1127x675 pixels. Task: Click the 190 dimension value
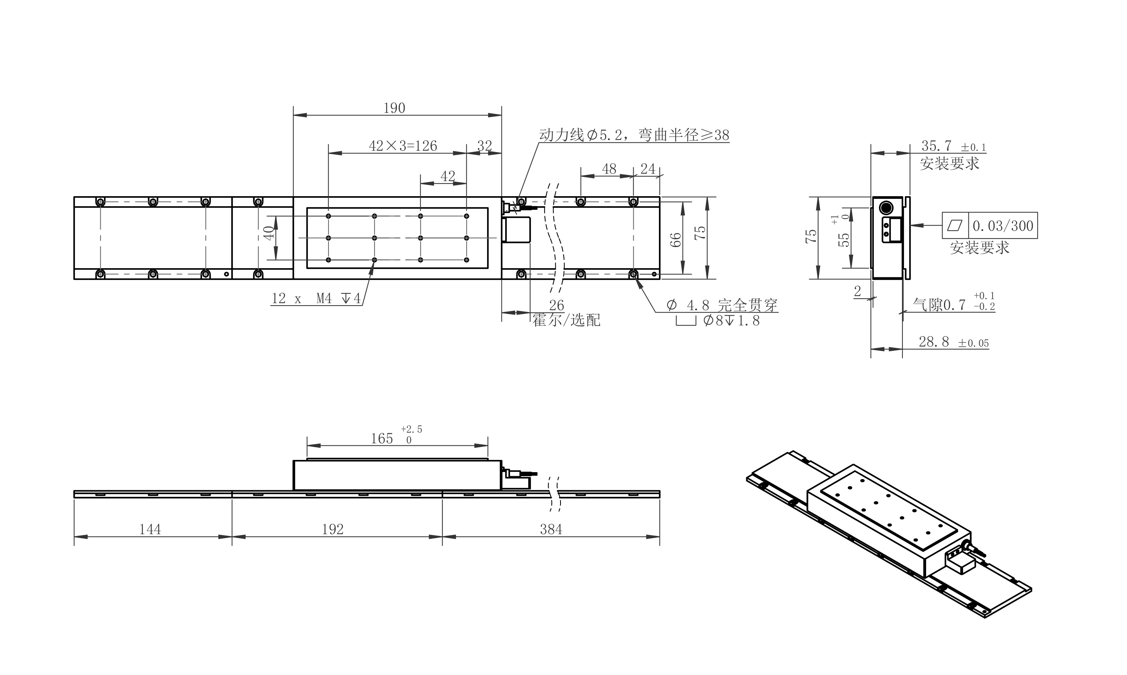(394, 108)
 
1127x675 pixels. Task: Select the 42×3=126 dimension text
(403, 146)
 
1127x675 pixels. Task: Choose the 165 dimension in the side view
(382, 438)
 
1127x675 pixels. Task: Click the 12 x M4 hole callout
(316, 299)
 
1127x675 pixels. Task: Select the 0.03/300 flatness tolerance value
(1003, 225)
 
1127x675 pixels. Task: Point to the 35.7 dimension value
(936, 146)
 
